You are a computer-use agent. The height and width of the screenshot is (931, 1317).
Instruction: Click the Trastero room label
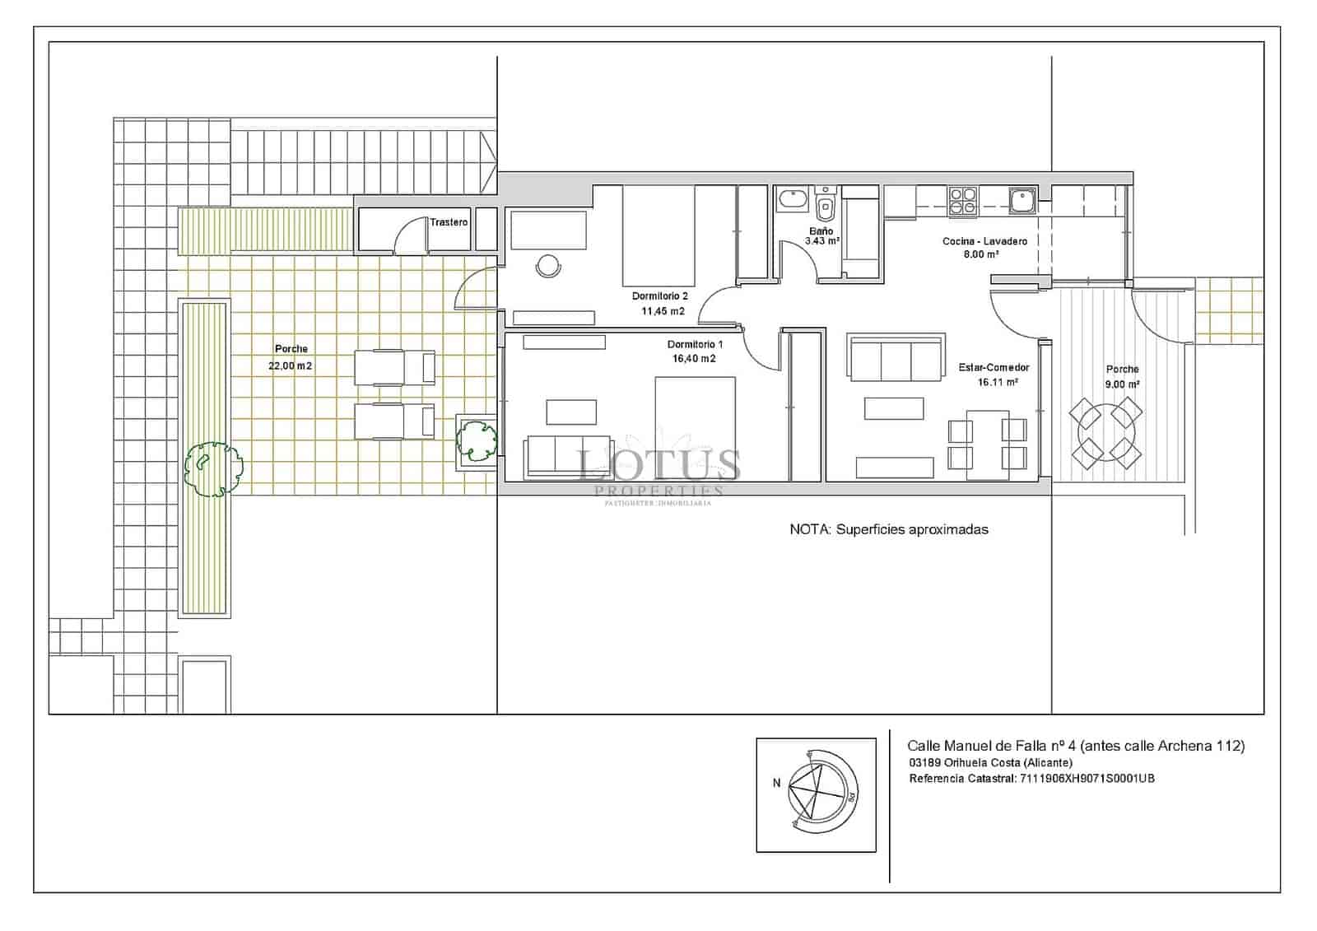449,222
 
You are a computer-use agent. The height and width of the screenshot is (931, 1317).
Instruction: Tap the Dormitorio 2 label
659,296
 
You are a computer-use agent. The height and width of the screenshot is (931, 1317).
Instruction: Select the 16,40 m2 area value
694,359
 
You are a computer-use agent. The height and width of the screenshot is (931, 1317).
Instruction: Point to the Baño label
821,231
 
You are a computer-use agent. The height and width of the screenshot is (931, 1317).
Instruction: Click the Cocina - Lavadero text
984,241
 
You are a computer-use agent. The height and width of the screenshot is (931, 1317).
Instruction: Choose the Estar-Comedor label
994,368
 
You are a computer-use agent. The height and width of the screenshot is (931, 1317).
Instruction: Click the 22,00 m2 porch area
291,365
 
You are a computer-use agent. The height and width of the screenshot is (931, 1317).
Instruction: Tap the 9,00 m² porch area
1122,384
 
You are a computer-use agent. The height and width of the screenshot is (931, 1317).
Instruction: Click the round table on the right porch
1106,431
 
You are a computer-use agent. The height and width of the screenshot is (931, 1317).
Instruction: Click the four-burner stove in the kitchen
963,202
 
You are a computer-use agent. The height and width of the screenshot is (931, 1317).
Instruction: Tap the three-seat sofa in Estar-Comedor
896,359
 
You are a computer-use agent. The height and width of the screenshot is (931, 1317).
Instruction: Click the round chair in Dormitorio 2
548,265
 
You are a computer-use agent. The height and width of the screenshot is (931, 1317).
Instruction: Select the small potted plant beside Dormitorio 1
477,440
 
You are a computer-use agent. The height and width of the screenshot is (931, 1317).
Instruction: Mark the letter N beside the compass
776,783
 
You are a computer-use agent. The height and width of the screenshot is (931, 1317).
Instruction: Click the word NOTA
809,529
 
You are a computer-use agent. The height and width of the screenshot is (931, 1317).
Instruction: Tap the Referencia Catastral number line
1031,778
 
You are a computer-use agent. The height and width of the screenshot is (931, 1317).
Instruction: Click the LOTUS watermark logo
658,467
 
